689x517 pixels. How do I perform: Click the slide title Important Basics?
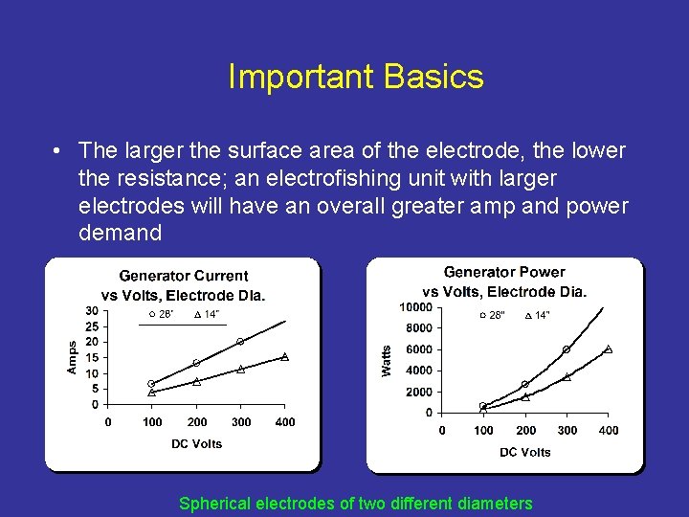pos(355,78)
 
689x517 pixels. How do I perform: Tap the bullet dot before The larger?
pos(59,151)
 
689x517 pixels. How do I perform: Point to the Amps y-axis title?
pos(73,357)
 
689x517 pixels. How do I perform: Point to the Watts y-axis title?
pos(387,360)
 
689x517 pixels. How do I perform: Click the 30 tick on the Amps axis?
pos(91,310)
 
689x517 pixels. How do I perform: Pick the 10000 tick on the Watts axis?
pos(416,307)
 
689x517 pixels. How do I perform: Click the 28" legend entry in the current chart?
pos(160,314)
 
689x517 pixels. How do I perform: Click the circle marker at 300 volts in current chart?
pos(240,342)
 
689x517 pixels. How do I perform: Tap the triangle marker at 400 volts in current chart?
pos(285,356)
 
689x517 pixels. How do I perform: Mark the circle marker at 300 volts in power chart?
pos(566,349)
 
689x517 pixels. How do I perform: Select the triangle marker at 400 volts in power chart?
pos(608,349)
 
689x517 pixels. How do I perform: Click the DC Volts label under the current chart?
pos(196,443)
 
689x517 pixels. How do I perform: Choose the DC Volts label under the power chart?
pos(524,452)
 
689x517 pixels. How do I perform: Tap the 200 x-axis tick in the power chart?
pos(525,431)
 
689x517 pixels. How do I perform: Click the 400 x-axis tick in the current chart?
pos(285,422)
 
